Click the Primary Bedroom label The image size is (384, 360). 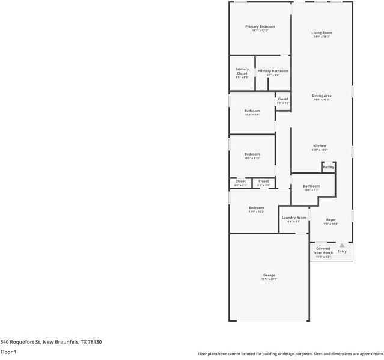[x=260, y=26]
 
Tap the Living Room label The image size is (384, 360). [x=322, y=32]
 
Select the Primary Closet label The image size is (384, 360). [x=242, y=71]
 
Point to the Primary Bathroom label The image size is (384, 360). [x=273, y=71]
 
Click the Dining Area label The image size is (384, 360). [x=322, y=96]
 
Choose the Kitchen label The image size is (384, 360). [x=319, y=146]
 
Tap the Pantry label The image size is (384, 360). [x=328, y=167]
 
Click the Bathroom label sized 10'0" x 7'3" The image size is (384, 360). [x=311, y=186]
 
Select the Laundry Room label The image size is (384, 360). [x=294, y=218]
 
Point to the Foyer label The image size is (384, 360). [x=331, y=220]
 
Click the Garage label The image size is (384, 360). [x=269, y=275]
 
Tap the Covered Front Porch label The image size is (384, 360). [x=323, y=251]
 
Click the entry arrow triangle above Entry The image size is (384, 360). [x=341, y=245]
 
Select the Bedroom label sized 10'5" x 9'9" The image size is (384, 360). [x=252, y=111]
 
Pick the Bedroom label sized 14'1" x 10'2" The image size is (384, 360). [x=256, y=208]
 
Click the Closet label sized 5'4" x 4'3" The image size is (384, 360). [x=283, y=99]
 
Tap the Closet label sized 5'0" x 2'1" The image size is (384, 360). [x=240, y=181]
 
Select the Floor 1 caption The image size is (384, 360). [x=8, y=352]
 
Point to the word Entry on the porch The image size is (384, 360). [x=341, y=251]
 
